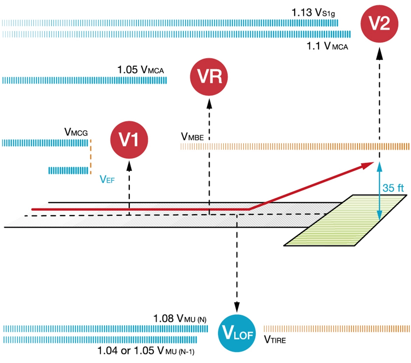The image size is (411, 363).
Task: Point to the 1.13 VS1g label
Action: [x=314, y=13]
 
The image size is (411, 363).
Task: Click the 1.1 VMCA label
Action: [x=327, y=46]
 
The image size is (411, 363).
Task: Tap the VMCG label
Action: [x=76, y=132]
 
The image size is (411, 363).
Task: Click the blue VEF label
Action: [x=107, y=179]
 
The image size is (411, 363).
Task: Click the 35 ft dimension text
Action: [x=393, y=188]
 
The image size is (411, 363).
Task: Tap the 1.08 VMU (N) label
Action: [x=180, y=319]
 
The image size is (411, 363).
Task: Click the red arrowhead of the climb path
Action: [x=368, y=164]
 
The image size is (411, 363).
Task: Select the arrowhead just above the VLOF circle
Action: [x=237, y=307]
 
